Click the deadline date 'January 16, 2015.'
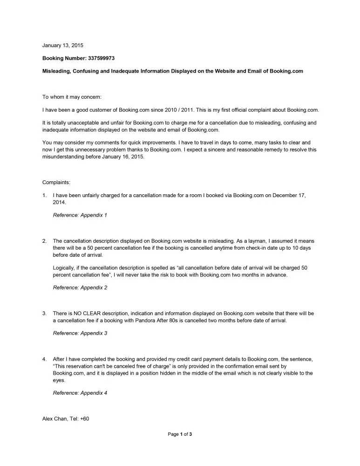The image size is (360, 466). click(132, 157)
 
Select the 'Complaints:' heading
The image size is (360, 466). click(56, 182)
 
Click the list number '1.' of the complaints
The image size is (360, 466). click(45, 195)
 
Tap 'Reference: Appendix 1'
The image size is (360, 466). click(80, 215)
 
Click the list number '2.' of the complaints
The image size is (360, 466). click(45, 241)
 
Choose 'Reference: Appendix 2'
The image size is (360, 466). click(80, 288)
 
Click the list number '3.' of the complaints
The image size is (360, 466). click(45, 314)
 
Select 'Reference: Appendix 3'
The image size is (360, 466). click(80, 334)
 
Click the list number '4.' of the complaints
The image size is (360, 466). click(45, 359)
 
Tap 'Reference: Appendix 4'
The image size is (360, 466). click(80, 393)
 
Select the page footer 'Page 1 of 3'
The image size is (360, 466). click(180, 434)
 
